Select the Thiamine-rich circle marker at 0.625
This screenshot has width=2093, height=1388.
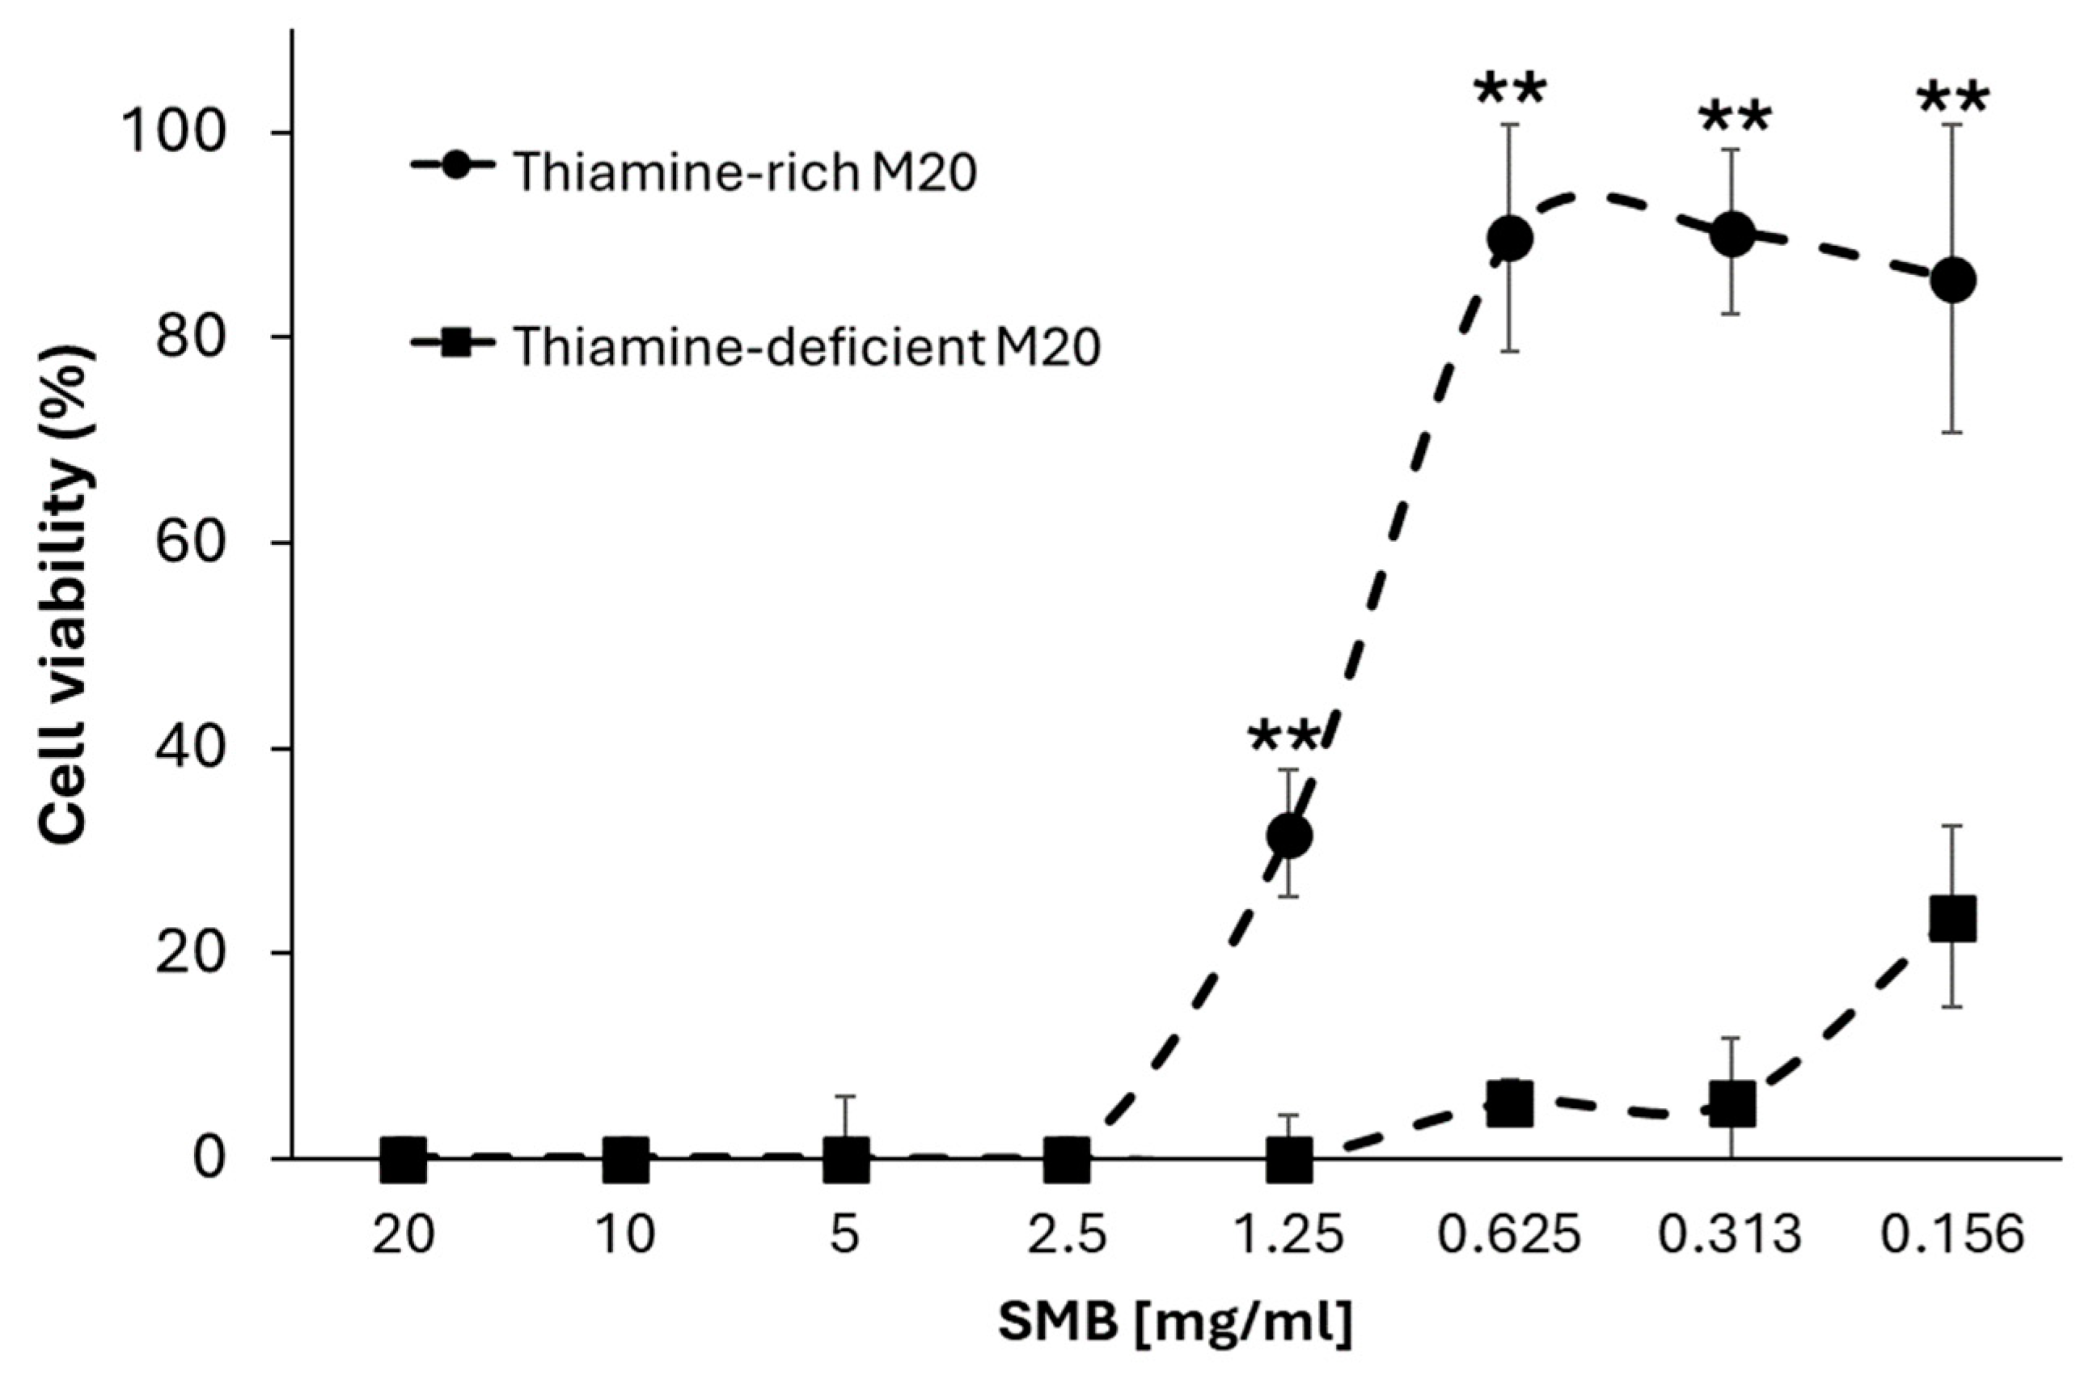pos(1510,238)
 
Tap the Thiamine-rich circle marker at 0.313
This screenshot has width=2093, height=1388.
pos(1732,235)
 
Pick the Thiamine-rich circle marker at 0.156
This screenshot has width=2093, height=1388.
pos(1953,281)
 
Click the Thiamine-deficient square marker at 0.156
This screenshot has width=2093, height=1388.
pos(1953,920)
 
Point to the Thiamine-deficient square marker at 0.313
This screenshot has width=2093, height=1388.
pos(1732,1104)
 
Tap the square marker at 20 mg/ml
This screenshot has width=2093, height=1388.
pos(404,1160)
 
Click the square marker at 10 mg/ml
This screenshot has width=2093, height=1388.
pos(625,1160)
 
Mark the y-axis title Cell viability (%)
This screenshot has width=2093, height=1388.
pos(66,594)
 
